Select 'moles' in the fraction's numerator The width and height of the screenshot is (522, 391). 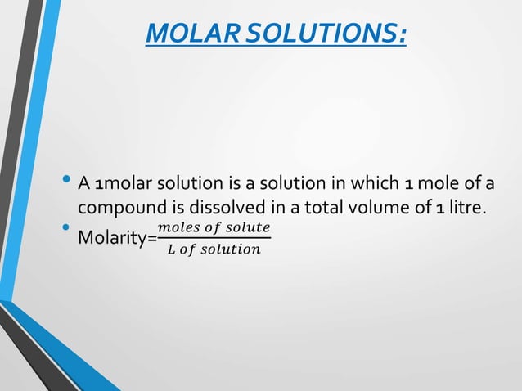pos(177,226)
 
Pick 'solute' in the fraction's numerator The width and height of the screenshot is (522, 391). pos(246,226)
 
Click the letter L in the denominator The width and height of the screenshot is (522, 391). pos(170,249)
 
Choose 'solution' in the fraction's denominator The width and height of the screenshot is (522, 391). pos(232,249)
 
